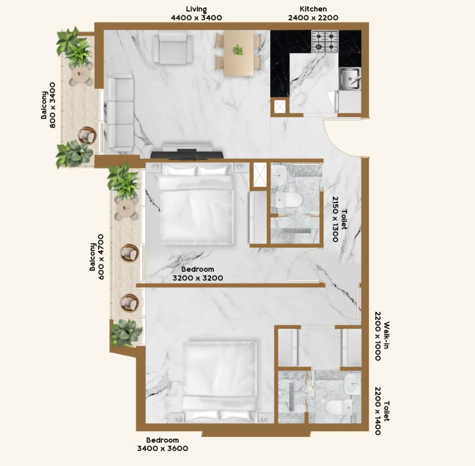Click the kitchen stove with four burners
coord(324,41)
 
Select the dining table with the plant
coord(238,53)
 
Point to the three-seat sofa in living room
coord(119,113)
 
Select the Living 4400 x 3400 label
coord(196,13)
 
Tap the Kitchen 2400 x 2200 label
coord(313,13)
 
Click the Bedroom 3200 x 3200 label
coord(197,274)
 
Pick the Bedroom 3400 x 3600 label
coord(162,444)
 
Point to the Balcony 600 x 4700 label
coord(97,256)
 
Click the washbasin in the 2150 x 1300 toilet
coord(279,173)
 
